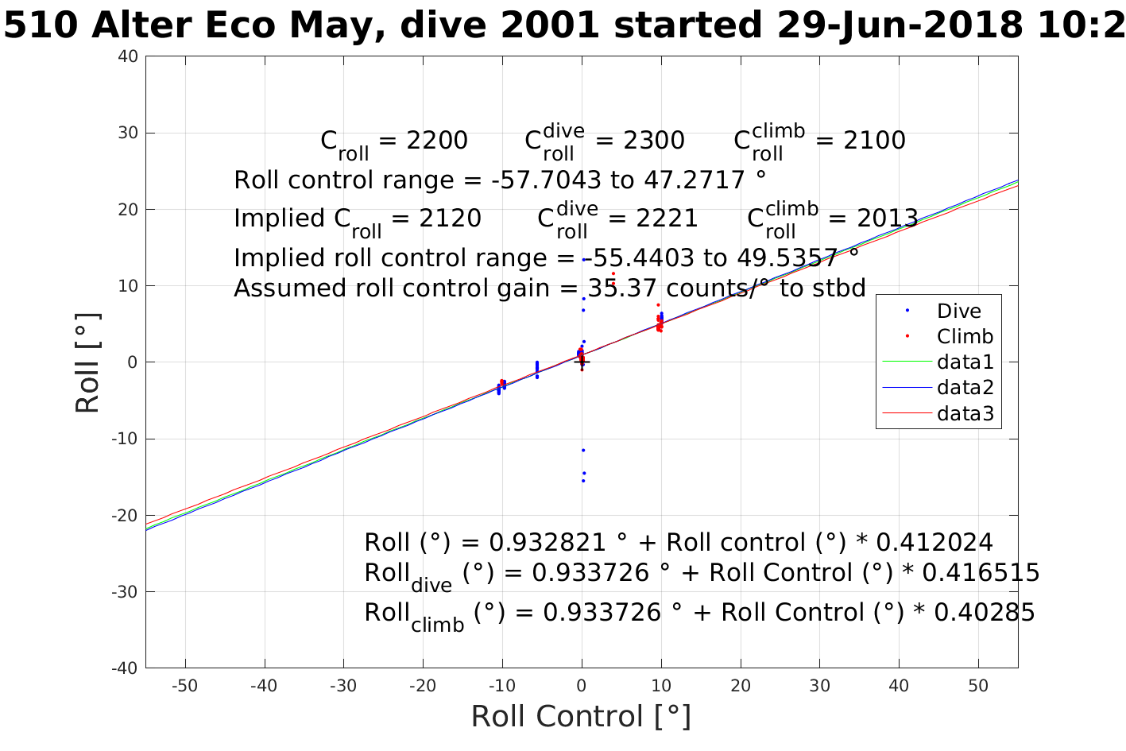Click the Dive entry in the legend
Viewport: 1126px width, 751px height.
(x=958, y=311)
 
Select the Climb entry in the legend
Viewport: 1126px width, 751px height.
(x=965, y=336)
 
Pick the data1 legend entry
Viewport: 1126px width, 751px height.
(x=965, y=362)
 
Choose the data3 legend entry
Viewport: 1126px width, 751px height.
(x=965, y=413)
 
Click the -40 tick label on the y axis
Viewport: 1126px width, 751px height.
(x=126, y=668)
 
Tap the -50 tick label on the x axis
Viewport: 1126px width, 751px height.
(x=184, y=686)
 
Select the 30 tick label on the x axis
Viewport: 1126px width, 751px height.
(x=819, y=686)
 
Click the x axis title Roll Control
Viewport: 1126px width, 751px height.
(x=581, y=716)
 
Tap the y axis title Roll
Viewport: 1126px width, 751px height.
(x=87, y=362)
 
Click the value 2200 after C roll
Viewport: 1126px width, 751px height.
(x=437, y=141)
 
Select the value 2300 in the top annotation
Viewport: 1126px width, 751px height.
(x=653, y=141)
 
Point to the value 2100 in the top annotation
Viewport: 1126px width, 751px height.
(x=874, y=141)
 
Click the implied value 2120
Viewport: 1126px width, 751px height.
(x=451, y=219)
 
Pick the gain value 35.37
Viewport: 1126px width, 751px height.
(x=617, y=288)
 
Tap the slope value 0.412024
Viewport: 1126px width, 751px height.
(x=934, y=543)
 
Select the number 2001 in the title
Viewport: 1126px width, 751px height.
(x=552, y=26)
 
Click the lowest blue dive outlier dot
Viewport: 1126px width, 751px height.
(x=582, y=481)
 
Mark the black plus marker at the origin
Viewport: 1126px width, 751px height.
(x=582, y=362)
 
